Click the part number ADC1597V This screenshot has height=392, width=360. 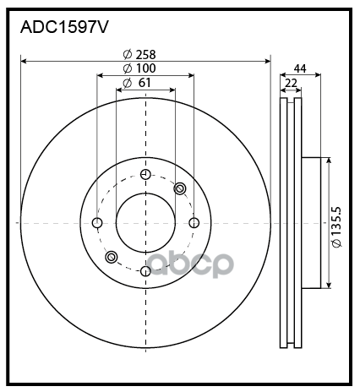(64, 27)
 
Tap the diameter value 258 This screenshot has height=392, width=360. (145, 55)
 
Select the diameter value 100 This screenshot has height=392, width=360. (145, 68)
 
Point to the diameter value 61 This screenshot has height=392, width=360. (145, 83)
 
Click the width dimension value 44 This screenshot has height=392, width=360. (300, 68)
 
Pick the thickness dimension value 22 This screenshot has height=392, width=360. (291, 84)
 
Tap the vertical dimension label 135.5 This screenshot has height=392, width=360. (336, 222)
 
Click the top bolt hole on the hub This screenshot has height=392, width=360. (145, 175)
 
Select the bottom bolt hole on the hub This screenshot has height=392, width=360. (145, 271)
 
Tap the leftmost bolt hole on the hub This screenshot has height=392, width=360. (97, 223)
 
